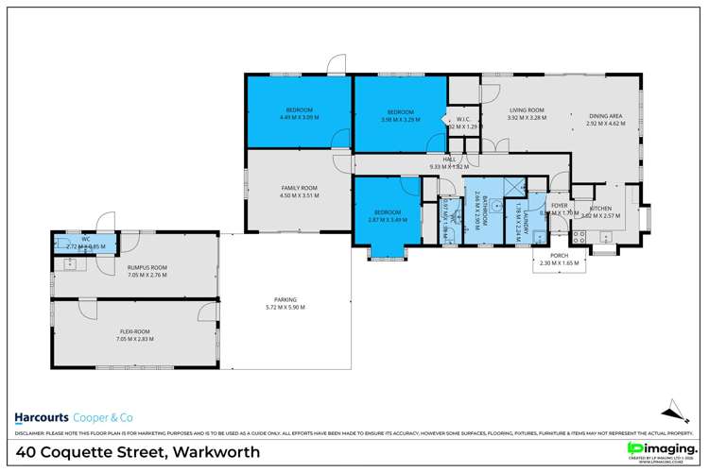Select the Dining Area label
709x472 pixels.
tap(605, 115)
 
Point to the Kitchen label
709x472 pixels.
tap(601, 208)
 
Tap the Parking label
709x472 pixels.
tap(285, 300)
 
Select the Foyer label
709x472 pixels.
tap(559, 205)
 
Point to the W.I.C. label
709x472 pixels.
tap(463, 118)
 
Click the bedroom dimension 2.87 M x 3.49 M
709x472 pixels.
tap(387, 220)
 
